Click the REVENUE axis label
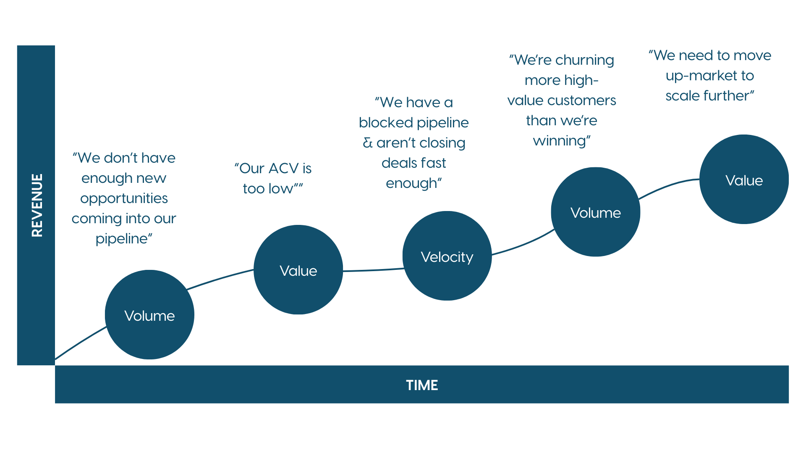[37, 205]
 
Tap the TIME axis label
[422, 385]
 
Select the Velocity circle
[447, 256]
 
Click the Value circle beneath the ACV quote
[298, 269]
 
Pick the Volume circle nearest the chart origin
[149, 314]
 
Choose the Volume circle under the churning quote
[596, 212]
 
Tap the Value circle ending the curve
[744, 179]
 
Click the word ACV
[283, 168]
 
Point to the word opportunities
[124, 199]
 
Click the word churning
[585, 61]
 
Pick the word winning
[560, 141]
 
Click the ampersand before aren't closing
[368, 143]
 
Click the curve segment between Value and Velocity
[373, 270]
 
